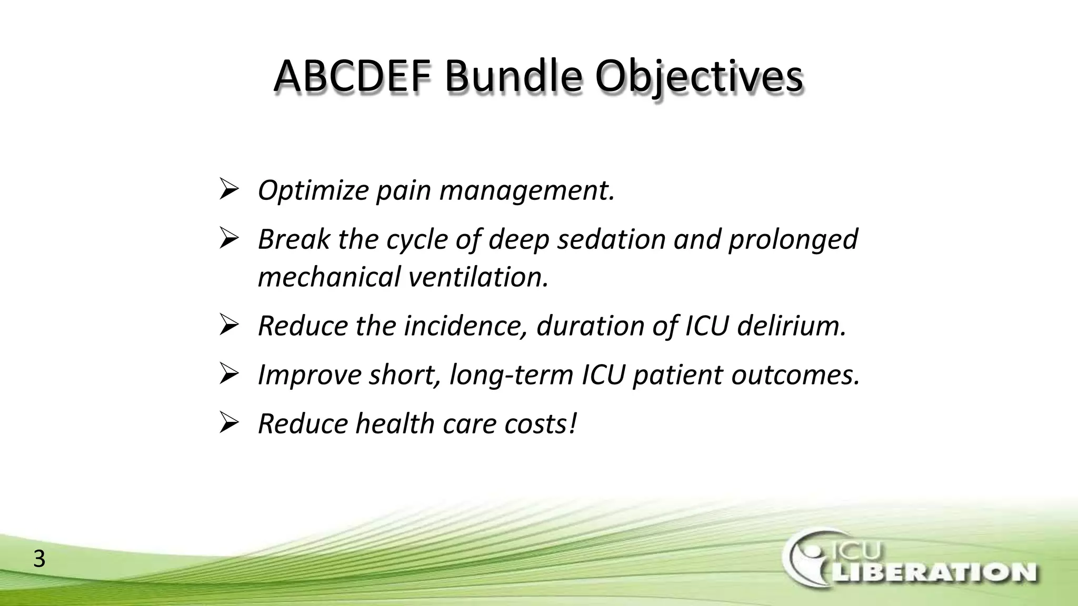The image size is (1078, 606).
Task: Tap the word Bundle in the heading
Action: (x=513, y=77)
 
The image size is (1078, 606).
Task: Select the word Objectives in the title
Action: (x=699, y=77)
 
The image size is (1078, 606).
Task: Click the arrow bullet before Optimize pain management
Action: (x=229, y=189)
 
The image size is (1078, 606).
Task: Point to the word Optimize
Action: (x=313, y=190)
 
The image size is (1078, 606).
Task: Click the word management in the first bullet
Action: (x=527, y=190)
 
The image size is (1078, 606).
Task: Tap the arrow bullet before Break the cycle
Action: (x=229, y=239)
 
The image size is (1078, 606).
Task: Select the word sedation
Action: (x=611, y=239)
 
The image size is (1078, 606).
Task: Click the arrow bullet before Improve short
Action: (x=229, y=375)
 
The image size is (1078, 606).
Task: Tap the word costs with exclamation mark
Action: (x=541, y=424)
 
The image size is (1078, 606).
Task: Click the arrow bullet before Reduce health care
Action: (x=229, y=423)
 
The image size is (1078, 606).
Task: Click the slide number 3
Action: (x=39, y=559)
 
